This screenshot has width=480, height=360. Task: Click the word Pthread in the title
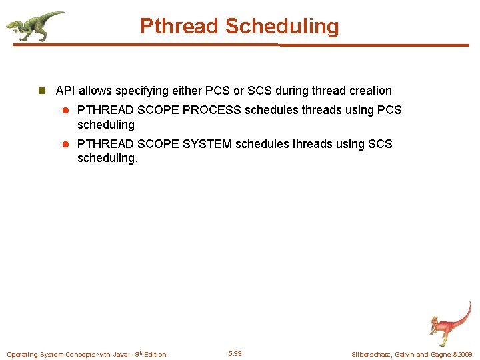[179, 26]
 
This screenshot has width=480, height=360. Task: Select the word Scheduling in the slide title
[281, 26]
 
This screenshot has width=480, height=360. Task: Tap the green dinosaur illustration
[35, 25]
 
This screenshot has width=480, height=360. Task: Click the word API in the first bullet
[65, 91]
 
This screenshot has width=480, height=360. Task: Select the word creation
[370, 91]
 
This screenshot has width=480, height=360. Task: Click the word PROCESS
[211, 110]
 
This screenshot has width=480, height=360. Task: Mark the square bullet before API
[41, 91]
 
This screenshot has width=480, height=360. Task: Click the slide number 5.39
[235, 353]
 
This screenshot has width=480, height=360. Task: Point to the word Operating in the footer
[22, 354]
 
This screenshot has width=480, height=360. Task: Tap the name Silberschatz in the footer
[372, 354]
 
